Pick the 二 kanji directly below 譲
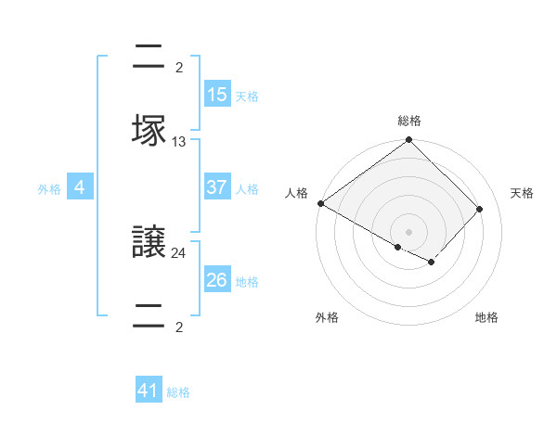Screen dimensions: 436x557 (149, 313)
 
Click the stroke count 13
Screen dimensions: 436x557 (179, 142)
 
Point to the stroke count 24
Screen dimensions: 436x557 (179, 251)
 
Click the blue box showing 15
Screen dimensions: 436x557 (217, 95)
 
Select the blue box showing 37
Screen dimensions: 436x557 (217, 187)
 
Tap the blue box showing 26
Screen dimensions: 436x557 (217, 280)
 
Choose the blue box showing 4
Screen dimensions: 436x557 (80, 187)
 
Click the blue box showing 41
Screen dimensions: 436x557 (149, 391)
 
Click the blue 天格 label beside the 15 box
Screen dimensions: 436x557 (247, 96)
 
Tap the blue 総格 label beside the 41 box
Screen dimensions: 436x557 (178, 392)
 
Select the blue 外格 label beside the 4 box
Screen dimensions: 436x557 (49, 189)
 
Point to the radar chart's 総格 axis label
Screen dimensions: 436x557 (409, 121)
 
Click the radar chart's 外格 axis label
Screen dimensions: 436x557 (327, 317)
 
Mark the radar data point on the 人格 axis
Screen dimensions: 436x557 (321, 203)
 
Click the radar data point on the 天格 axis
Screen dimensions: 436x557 (480, 209)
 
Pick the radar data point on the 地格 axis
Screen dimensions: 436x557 (432, 262)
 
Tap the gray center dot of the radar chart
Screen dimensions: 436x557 (409, 231)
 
